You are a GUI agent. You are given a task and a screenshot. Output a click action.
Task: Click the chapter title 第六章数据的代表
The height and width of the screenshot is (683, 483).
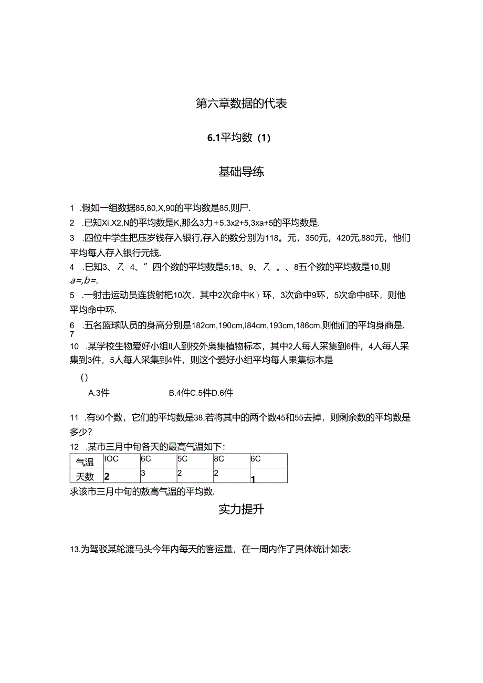(x=241, y=103)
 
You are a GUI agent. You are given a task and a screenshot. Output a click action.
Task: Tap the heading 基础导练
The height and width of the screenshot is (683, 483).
(x=241, y=172)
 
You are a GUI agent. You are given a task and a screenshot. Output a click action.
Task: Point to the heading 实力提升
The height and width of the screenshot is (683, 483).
(x=241, y=509)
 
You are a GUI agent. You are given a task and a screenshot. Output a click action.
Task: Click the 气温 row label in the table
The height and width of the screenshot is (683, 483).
(x=85, y=462)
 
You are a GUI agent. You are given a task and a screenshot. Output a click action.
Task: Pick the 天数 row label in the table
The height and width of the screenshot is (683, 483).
(x=85, y=476)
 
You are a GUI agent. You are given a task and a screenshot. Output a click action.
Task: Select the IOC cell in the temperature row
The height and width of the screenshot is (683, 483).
(x=112, y=459)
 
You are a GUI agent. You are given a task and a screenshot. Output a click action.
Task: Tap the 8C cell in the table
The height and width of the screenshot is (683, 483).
(x=219, y=459)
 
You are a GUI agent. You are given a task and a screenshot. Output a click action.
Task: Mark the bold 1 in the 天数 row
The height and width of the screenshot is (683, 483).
(x=253, y=479)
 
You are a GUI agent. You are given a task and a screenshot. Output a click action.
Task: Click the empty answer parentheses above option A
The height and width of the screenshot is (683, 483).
(x=84, y=377)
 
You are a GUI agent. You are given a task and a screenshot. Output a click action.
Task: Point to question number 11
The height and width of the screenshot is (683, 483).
(x=74, y=418)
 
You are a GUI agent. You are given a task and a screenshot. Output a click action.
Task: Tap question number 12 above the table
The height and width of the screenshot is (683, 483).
(x=74, y=447)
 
